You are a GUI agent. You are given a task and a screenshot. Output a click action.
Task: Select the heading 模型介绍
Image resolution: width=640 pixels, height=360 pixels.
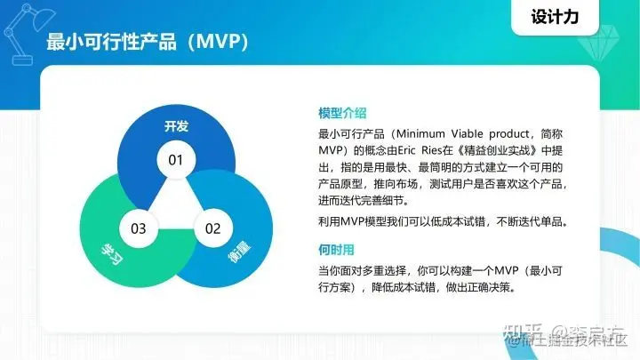pos(343,114)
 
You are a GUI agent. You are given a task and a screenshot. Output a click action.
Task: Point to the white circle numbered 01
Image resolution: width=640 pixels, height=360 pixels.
pos(175,161)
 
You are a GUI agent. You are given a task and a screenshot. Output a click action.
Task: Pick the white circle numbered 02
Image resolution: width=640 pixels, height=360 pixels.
pos(212,228)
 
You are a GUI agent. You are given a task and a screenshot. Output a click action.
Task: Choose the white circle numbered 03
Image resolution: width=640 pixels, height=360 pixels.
pos(138,228)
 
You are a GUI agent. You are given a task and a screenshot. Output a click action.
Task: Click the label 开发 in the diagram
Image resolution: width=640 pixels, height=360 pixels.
pos(176,126)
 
